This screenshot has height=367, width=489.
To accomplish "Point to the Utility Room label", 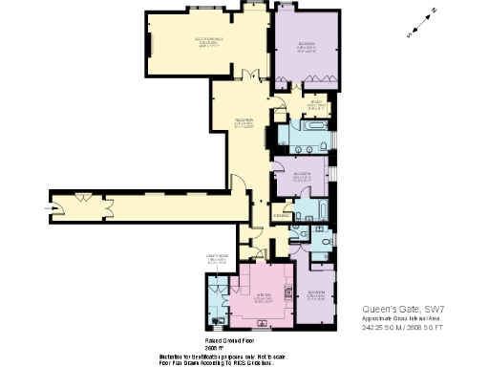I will (x=216, y=258).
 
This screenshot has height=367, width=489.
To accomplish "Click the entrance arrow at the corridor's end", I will (x=51, y=203).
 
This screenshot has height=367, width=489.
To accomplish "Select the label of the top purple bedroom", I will (x=307, y=46).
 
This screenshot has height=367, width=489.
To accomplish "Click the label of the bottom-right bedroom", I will (x=316, y=295).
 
